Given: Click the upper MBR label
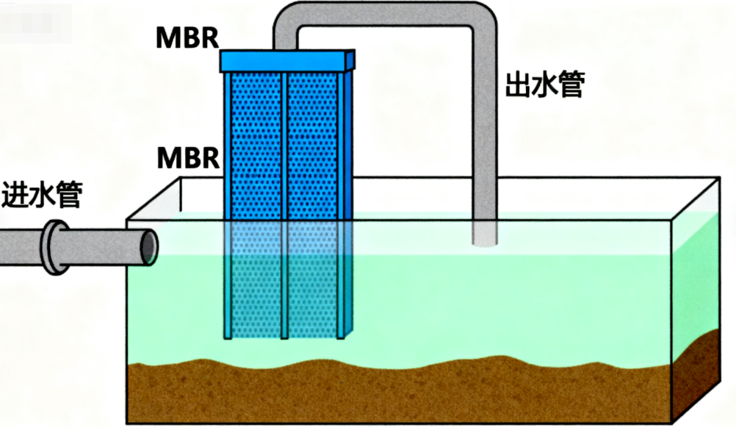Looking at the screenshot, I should click(x=187, y=38).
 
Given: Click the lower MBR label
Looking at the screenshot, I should click(x=187, y=157).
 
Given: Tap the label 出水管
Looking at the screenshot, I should click(x=544, y=85).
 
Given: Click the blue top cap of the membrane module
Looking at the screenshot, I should click(x=287, y=61).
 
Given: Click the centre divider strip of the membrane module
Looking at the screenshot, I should click(x=284, y=147).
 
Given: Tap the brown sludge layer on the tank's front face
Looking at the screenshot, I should click(x=397, y=393).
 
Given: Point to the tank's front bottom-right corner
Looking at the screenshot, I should click(x=671, y=422).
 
